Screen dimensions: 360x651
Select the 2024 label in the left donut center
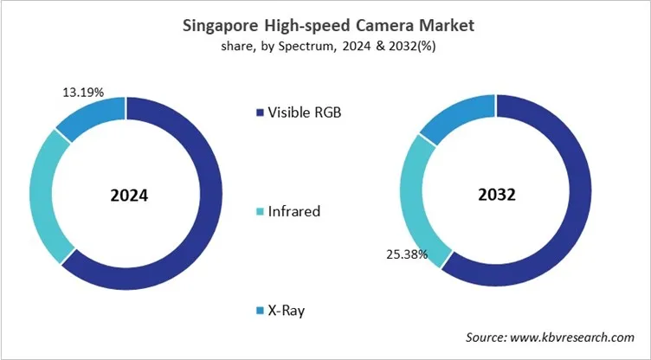(129, 195)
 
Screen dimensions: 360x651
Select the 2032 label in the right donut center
(497, 195)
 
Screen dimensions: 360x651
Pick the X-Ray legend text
(289, 309)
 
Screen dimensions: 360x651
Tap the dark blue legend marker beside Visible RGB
(260, 112)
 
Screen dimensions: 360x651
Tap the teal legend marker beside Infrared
(260, 211)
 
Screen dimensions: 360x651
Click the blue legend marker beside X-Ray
(260, 310)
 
